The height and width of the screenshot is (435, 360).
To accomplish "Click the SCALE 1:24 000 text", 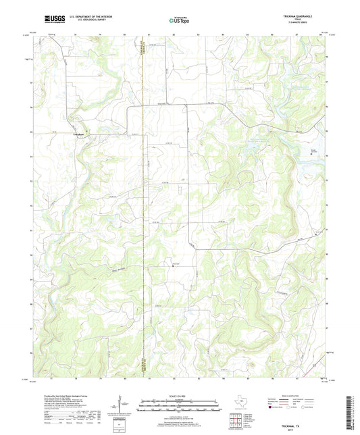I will pos(179,394).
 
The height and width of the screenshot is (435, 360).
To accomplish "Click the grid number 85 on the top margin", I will pos(247,32).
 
